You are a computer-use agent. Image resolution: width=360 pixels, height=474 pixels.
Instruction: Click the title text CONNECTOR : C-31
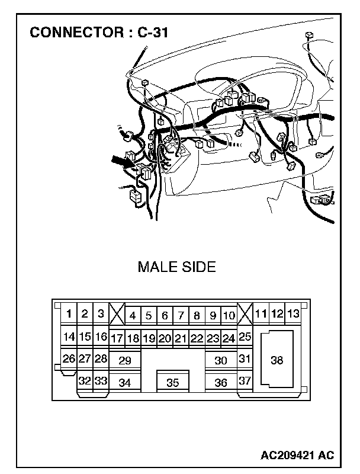tap(99, 33)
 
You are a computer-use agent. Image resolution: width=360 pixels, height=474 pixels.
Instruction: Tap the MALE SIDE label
tap(176, 267)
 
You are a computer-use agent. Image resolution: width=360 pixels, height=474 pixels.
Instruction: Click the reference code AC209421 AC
tap(297, 455)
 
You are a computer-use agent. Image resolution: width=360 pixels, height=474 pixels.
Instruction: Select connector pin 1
tap(69, 313)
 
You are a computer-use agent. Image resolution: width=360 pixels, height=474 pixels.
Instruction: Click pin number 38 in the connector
tap(277, 360)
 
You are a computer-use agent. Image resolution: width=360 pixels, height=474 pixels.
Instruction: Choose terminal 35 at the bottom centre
tap(172, 382)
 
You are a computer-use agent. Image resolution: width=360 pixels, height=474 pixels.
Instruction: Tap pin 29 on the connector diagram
tap(124, 360)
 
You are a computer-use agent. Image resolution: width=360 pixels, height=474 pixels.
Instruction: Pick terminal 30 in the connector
tap(221, 360)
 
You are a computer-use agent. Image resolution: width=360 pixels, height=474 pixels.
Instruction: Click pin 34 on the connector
tap(124, 382)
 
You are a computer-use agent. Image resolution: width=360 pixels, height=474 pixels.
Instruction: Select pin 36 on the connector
tap(221, 382)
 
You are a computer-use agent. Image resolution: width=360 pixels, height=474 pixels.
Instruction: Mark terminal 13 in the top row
tap(292, 313)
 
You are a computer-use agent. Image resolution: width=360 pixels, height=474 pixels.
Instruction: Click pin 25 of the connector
tap(245, 337)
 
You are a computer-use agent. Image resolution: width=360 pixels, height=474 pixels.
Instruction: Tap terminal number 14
tap(69, 337)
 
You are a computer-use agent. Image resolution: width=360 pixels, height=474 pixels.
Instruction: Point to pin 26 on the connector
tap(69, 358)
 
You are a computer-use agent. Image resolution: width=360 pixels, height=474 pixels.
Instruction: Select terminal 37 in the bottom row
tap(245, 381)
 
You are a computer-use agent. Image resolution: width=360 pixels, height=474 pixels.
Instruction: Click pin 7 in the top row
tap(181, 316)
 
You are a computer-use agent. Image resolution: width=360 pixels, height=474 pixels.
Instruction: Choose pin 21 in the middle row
tap(181, 338)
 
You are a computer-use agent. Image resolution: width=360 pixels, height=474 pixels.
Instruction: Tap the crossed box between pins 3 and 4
tap(117, 313)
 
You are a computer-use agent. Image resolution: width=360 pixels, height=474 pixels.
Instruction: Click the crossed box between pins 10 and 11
tap(245, 313)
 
